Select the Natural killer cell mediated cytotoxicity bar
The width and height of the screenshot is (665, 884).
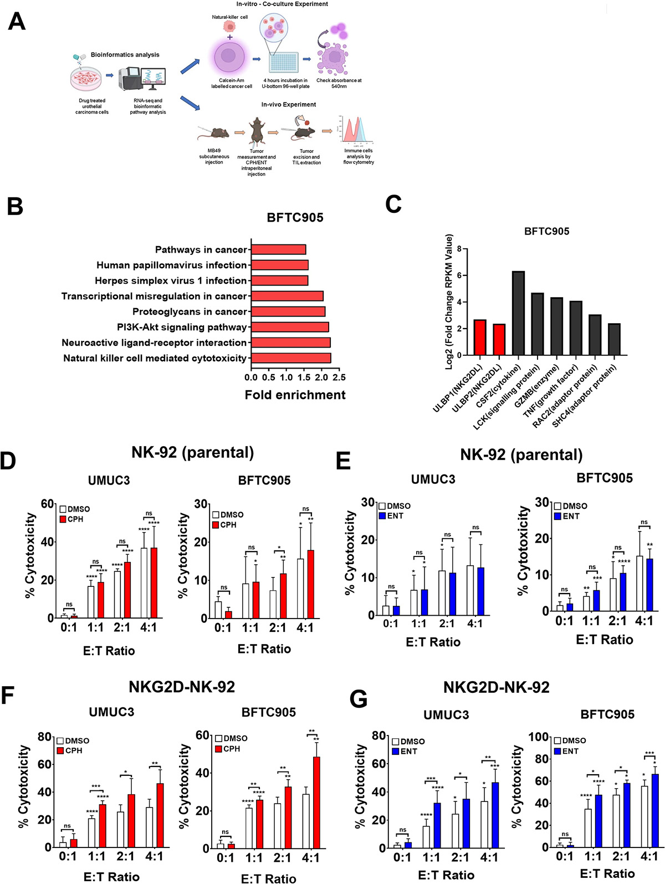tap(291, 358)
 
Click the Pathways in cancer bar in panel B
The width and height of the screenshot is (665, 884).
tap(278, 249)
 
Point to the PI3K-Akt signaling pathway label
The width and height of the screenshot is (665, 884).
tap(182, 327)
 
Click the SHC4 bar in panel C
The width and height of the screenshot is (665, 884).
tap(614, 339)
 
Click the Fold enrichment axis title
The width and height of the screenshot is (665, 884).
tap(295, 395)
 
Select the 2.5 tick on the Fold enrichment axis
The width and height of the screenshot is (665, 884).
tap(339, 377)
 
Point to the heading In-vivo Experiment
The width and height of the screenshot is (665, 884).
tap(289, 105)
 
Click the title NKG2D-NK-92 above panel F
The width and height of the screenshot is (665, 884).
tap(182, 687)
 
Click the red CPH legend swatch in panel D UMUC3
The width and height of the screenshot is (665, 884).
tap(63, 519)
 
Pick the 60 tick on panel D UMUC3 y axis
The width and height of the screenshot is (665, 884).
tap(48, 504)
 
